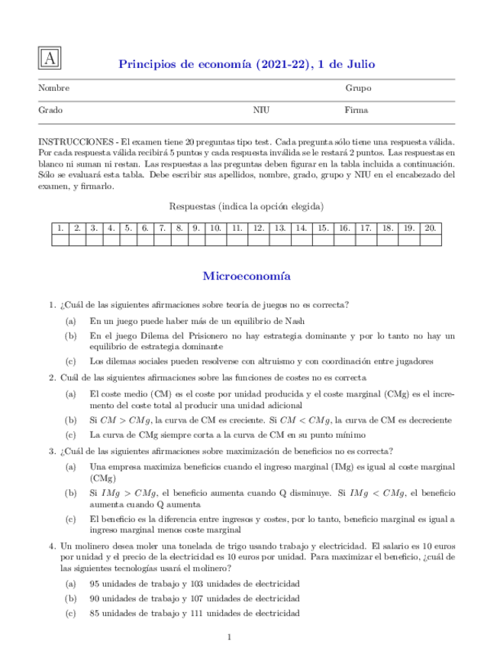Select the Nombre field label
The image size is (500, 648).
[x=53, y=89]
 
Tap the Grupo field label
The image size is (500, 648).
[x=358, y=89]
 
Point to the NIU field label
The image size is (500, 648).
[x=261, y=110]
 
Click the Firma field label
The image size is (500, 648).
[x=356, y=110]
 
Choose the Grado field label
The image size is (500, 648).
[x=50, y=110]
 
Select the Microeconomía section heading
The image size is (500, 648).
[x=249, y=275]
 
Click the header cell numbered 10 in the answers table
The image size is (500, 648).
[x=215, y=228]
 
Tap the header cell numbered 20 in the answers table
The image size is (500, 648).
[x=431, y=228]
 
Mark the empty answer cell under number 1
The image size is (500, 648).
[x=60, y=239]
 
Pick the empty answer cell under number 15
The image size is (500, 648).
[x=323, y=239]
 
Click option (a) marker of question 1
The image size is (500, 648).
[x=70, y=321]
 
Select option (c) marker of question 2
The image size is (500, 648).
[x=70, y=435]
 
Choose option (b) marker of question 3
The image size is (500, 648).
[x=70, y=493]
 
